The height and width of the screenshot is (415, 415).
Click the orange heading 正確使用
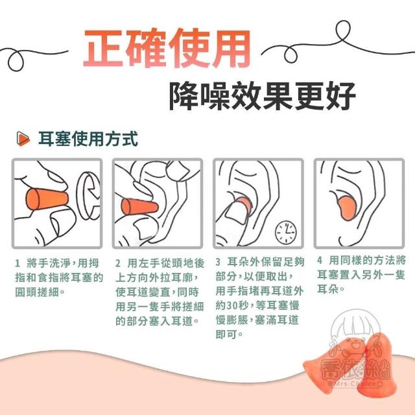pyautogui.click(x=167, y=49)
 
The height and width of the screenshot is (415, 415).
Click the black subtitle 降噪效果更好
pyautogui.click(x=262, y=96)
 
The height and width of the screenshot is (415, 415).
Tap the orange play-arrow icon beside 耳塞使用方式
pyautogui.click(x=23, y=138)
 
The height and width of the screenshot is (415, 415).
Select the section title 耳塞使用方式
pyautogui.click(x=88, y=139)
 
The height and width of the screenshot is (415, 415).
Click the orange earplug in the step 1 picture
pyautogui.click(x=47, y=199)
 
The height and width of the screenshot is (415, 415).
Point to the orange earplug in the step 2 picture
pyautogui.click(x=139, y=207)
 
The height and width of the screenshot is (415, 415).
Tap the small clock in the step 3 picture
pyautogui.click(x=286, y=232)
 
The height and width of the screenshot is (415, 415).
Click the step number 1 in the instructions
pyautogui.click(x=18, y=263)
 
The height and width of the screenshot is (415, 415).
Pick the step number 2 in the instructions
pyautogui.click(x=118, y=263)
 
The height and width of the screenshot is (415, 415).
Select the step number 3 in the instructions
pyautogui.click(x=218, y=262)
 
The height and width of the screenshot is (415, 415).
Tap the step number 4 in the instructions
pyautogui.click(x=320, y=261)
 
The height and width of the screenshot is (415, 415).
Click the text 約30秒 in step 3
pyautogui.click(x=233, y=305)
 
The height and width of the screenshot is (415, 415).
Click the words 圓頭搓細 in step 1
pyautogui.click(x=38, y=292)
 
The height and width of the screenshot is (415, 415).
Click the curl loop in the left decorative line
pyautogui.click(x=16, y=61)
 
